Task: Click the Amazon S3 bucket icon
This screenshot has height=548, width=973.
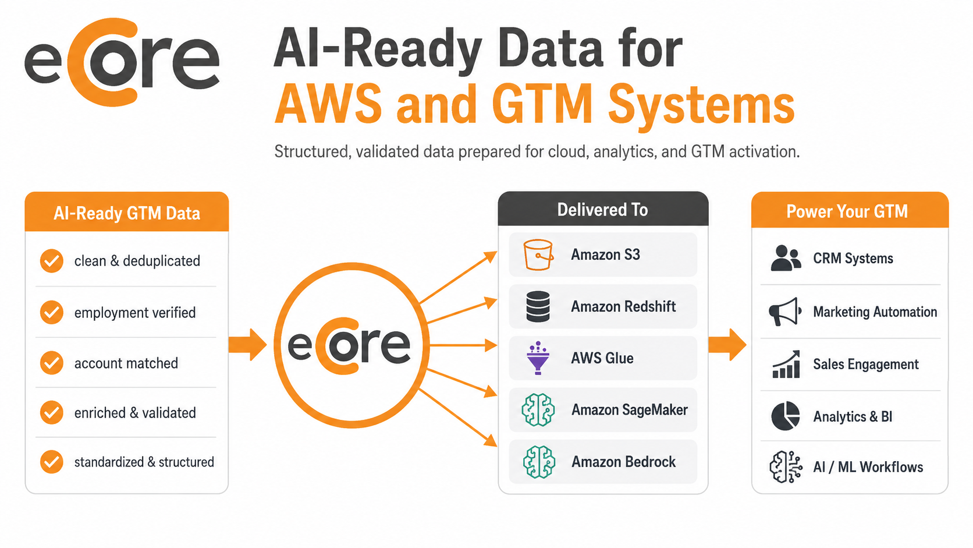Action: pyautogui.click(x=538, y=254)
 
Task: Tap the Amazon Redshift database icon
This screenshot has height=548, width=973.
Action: pyautogui.click(x=538, y=306)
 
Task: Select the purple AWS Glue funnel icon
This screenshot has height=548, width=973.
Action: pyautogui.click(x=538, y=358)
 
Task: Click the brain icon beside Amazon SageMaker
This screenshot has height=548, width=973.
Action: pyautogui.click(x=538, y=409)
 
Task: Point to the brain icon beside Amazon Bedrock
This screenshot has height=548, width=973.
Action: pyautogui.click(x=539, y=461)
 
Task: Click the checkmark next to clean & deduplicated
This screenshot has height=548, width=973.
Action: pyautogui.click(x=52, y=261)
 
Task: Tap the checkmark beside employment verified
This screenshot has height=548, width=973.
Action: pyautogui.click(x=52, y=312)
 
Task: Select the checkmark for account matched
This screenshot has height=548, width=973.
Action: pyautogui.click(x=52, y=363)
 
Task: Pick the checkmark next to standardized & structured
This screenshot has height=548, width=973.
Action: pyautogui.click(x=52, y=461)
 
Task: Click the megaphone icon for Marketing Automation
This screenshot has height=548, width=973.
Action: pyautogui.click(x=785, y=312)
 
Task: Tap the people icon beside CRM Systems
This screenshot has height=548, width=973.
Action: pyautogui.click(x=786, y=258)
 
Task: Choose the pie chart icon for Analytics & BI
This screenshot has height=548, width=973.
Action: pyautogui.click(x=786, y=416)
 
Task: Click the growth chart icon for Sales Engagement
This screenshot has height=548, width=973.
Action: pyautogui.click(x=786, y=364)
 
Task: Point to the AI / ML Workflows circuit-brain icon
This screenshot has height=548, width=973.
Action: pyautogui.click(x=786, y=466)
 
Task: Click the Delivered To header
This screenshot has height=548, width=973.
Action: pyautogui.click(x=603, y=210)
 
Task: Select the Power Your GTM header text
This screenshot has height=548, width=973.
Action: pyautogui.click(x=847, y=211)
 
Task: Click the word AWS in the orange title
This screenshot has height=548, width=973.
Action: pyautogui.click(x=328, y=104)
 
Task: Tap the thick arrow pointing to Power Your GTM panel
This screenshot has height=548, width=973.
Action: pyautogui.click(x=727, y=345)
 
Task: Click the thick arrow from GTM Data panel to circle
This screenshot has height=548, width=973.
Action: pyautogui.click(x=247, y=345)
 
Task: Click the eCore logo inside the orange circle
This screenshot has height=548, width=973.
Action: pyautogui.click(x=349, y=345)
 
